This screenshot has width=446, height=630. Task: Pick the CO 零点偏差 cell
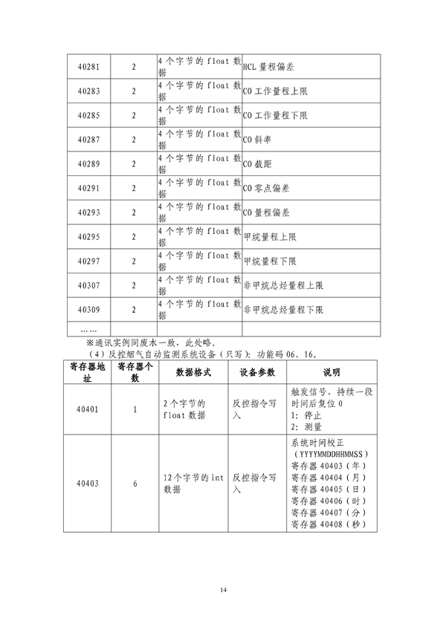[x=266, y=189]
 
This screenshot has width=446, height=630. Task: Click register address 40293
[x=89, y=212]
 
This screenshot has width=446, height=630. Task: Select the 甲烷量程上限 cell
[x=270, y=237]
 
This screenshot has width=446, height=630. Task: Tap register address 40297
[x=89, y=261]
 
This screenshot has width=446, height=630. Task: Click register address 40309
[x=89, y=309]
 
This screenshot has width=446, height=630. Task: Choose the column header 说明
[x=332, y=372]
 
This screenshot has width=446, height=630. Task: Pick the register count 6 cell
[x=135, y=484]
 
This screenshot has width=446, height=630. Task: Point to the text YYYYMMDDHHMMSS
[x=332, y=454]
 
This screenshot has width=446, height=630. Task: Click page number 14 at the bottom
[x=223, y=590]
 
